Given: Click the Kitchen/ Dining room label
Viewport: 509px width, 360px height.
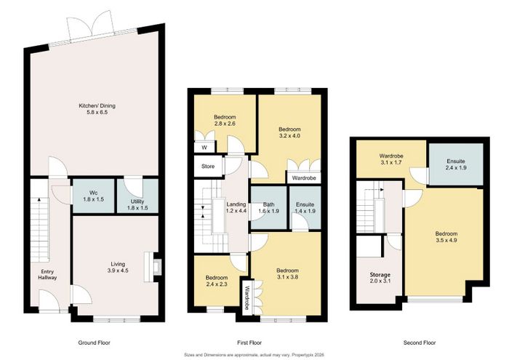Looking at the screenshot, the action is click(97, 106).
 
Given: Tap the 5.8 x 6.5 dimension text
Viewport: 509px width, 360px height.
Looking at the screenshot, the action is click(97, 112).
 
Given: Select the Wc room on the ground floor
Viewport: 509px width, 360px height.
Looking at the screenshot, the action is click(94, 196).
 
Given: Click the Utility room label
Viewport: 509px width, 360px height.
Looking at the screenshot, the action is click(137, 201).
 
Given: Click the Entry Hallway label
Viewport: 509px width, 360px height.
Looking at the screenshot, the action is click(47, 275).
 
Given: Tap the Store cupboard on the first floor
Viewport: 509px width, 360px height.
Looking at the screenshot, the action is click(208, 167).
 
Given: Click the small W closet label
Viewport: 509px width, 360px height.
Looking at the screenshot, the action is click(204, 148).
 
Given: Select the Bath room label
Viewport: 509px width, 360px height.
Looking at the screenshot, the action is click(269, 204).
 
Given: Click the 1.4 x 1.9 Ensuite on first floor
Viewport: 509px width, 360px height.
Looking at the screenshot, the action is click(305, 208).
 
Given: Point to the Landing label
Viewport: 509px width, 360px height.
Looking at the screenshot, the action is click(236, 204).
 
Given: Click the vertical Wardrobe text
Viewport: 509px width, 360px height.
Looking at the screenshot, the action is click(247, 297).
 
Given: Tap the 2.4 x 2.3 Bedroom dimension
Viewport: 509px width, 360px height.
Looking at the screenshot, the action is click(217, 284).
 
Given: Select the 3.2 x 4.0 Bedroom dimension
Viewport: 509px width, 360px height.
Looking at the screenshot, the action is click(289, 136).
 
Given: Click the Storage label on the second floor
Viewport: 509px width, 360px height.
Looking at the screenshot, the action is click(380, 275).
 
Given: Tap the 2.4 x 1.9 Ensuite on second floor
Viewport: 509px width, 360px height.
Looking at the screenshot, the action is click(456, 164).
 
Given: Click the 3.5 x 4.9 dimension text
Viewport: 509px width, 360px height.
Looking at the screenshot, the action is click(446, 240).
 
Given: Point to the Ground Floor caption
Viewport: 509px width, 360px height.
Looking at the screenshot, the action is click(94, 343).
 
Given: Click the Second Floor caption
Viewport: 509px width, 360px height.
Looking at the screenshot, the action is click(420, 343).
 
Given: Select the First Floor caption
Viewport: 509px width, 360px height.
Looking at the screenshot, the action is click(249, 343).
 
